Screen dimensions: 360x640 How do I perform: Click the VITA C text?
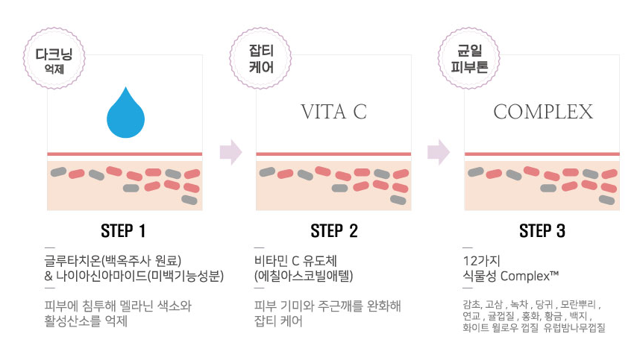pyautogui.click(x=333, y=113)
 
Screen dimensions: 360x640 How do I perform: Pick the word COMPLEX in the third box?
pyautogui.click(x=543, y=113)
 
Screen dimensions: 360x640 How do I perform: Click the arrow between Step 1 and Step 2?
pyautogui.click(x=231, y=152)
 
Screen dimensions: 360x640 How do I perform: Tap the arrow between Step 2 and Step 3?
pyautogui.click(x=439, y=152)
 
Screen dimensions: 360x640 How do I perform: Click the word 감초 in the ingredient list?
pyautogui.click(x=471, y=306)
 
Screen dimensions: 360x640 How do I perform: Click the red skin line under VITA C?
pyautogui.click(x=333, y=154)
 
